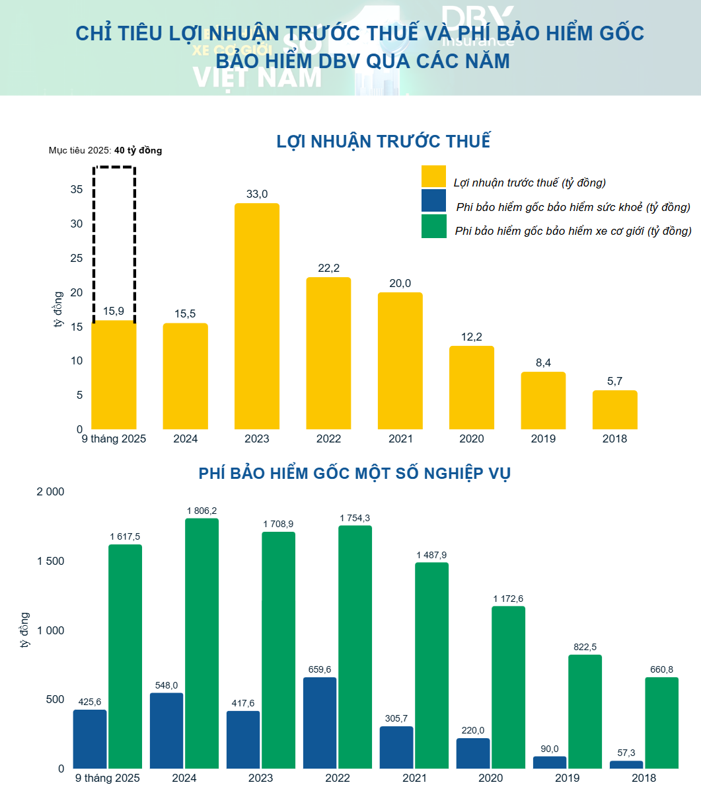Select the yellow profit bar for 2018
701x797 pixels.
coord(614,410)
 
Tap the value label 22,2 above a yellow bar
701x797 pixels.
coord(328,268)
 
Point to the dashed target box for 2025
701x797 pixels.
coord(114,169)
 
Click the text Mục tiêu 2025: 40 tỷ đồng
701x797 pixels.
coord(105,150)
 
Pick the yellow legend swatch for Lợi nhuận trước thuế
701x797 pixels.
coord(433,177)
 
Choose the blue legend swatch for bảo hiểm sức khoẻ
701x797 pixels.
coord(433,201)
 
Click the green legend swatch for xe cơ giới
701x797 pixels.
coord(433,226)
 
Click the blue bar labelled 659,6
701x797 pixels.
coord(320,722)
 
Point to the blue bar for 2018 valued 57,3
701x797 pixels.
coord(626,765)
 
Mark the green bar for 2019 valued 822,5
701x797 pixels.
coord(585,712)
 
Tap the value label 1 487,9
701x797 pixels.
coord(432,554)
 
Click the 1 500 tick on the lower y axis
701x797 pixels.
coord(50,562)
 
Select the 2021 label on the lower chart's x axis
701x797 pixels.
coord(414,778)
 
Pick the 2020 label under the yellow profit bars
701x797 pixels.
coord(471,439)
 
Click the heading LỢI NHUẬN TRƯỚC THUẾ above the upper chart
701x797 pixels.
coord(383,142)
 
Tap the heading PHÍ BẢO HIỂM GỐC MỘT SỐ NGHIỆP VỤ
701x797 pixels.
coord(354,474)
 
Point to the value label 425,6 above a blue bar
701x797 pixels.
coord(90,702)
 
